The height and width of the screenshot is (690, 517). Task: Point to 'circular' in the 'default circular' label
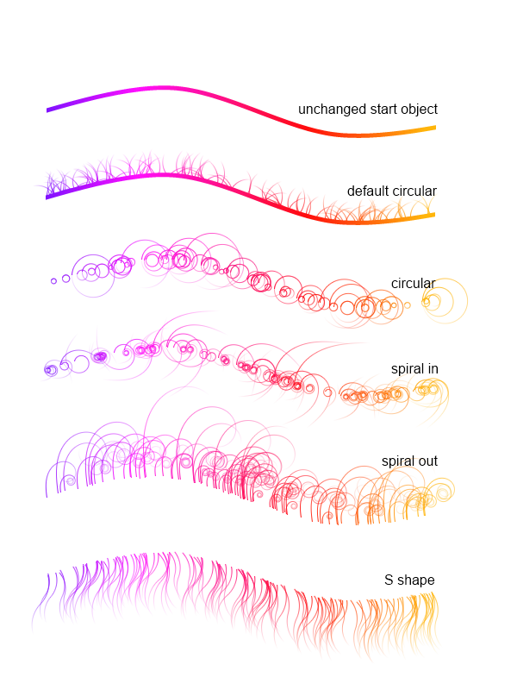(x=415, y=191)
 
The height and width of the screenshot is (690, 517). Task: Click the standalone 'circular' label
(x=413, y=283)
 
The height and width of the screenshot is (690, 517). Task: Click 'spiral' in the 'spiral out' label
(x=397, y=461)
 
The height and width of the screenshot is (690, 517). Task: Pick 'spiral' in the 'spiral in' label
(x=408, y=368)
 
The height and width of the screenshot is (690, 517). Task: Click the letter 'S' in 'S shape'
(x=389, y=580)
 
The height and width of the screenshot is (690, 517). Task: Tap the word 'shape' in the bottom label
(x=416, y=580)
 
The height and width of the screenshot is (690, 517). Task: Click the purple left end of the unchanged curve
(x=49, y=110)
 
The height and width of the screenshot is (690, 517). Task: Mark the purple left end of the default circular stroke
(x=48, y=197)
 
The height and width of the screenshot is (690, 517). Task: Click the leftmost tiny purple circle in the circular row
(x=53, y=281)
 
